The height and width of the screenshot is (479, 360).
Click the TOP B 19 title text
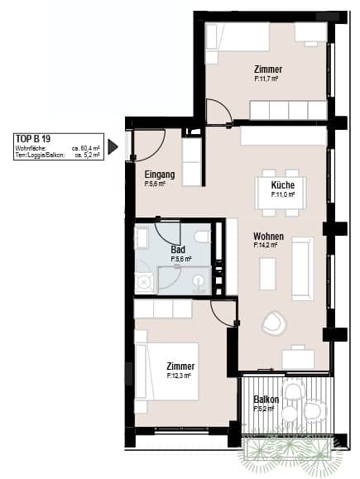point(33,139)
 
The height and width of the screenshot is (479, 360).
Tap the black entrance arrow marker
point(113,147)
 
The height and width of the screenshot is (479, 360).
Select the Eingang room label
point(160,175)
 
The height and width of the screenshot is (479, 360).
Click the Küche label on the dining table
point(283,184)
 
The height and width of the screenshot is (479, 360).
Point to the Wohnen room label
point(268,236)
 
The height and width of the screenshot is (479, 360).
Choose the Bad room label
point(178,250)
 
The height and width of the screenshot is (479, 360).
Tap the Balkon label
point(266,400)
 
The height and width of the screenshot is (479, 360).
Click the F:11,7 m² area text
point(266,79)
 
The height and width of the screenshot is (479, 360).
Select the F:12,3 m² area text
point(179,376)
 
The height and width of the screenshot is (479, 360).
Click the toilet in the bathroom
point(202,237)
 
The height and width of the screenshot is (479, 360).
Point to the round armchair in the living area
point(274,323)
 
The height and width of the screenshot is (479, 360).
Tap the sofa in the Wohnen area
point(303,269)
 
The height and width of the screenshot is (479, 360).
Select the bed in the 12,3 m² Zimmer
point(167,371)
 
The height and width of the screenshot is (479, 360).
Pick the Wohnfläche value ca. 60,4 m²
point(85,148)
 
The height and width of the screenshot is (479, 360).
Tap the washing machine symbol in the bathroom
point(143,282)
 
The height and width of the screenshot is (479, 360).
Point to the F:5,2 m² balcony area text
point(264,409)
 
